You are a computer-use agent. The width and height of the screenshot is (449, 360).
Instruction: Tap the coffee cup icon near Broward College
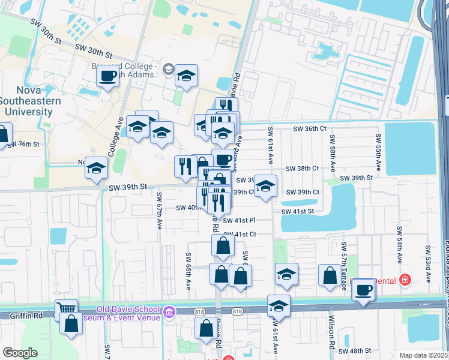[108, 76]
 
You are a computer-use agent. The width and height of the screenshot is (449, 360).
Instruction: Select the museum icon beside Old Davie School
[169, 311]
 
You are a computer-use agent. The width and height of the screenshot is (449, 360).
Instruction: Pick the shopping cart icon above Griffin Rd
[66, 310]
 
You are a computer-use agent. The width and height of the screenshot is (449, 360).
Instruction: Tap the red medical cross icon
[405, 280]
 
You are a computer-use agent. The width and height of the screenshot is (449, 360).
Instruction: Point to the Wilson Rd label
[331, 337]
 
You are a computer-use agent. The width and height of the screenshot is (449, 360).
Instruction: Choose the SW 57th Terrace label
[344, 266]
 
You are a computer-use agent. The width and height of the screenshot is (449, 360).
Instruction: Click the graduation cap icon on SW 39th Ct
[265, 185]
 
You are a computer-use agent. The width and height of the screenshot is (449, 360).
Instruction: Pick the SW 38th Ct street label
[302, 169]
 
